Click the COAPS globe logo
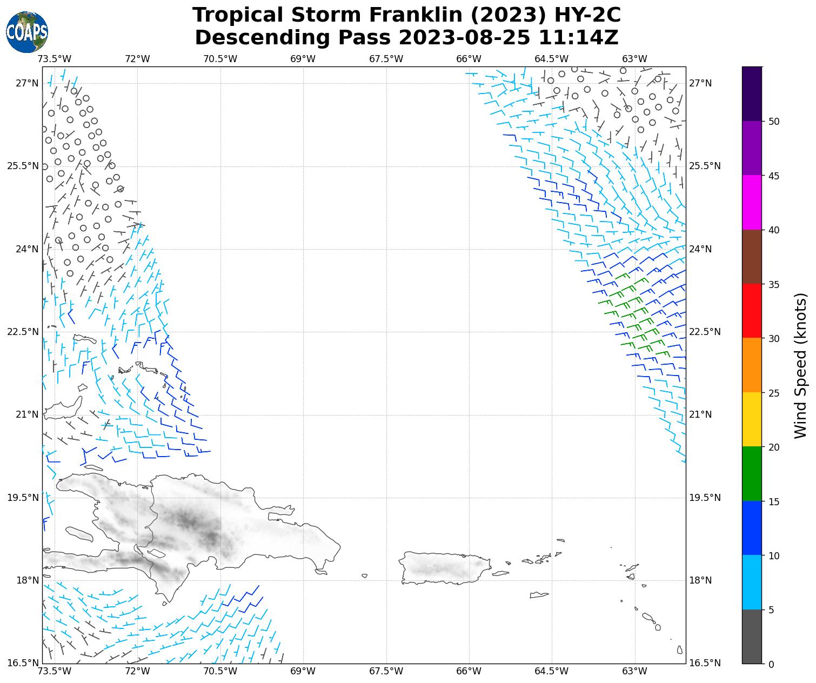(x=27, y=32)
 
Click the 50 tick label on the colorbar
(x=774, y=121)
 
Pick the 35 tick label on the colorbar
(x=774, y=284)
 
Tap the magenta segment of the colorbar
(x=752, y=202)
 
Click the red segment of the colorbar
(x=752, y=311)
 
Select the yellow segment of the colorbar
(x=752, y=419)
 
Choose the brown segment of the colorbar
(x=752, y=257)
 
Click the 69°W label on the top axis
(x=303, y=59)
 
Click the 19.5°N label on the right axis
(x=705, y=498)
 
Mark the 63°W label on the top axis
(x=634, y=59)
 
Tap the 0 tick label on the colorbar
(x=771, y=664)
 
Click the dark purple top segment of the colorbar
(x=752, y=93)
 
